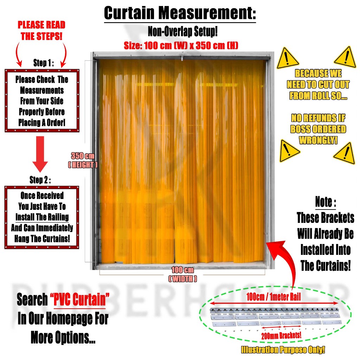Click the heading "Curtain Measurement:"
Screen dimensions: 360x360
click(x=180, y=13)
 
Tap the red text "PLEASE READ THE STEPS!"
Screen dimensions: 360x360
click(x=41, y=31)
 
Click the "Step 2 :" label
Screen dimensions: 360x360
click(x=40, y=180)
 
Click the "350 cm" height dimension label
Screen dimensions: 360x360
click(x=83, y=156)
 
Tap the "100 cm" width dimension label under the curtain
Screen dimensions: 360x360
click(x=182, y=270)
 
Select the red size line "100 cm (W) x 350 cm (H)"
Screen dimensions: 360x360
click(x=181, y=45)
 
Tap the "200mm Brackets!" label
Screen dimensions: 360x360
click(x=281, y=335)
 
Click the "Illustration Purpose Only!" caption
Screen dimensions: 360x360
click(x=283, y=350)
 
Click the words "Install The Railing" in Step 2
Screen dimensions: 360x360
click(x=42, y=217)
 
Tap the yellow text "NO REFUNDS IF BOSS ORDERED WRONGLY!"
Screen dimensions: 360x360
click(x=318, y=129)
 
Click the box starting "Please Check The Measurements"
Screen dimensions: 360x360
click(x=42, y=101)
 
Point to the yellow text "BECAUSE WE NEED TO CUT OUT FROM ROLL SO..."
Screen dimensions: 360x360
click(x=318, y=85)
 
